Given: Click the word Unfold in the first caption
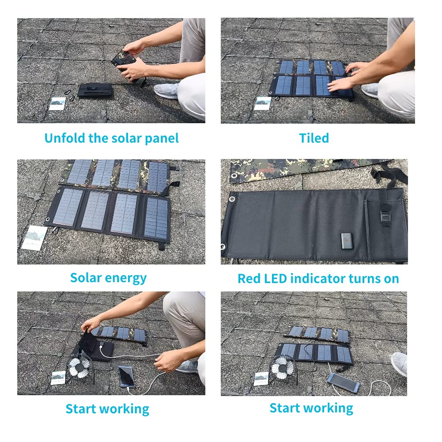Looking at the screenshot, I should [65, 138].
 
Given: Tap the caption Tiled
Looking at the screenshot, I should [314, 138].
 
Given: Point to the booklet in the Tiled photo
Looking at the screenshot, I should [263, 103].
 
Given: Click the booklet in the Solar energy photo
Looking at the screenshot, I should [34, 238].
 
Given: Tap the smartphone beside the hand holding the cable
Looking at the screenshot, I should [127, 377].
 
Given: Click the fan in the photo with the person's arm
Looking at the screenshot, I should [79, 366].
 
